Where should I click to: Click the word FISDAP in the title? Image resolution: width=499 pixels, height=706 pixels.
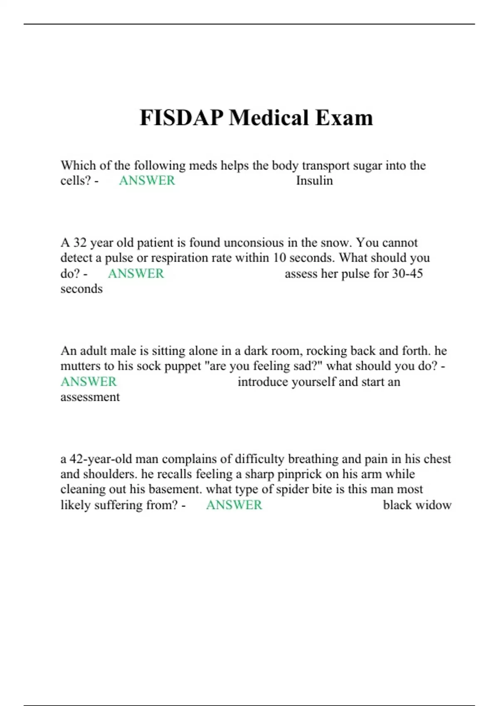(181, 118)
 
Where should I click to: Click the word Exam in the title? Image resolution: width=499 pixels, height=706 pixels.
(344, 118)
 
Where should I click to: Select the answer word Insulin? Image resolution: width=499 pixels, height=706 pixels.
(314, 181)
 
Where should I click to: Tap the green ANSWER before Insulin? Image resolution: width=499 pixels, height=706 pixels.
(147, 181)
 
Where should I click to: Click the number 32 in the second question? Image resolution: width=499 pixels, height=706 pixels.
(80, 243)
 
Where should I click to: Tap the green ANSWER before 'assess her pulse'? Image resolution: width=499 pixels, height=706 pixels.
(136, 274)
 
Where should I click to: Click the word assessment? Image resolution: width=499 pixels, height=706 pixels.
(90, 397)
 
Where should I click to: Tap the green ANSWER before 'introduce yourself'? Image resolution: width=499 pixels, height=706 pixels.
(89, 382)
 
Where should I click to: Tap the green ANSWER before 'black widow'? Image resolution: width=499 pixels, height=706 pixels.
(234, 505)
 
